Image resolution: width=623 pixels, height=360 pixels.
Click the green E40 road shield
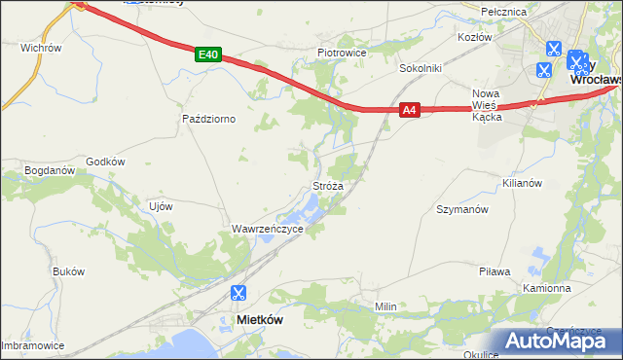[206, 55]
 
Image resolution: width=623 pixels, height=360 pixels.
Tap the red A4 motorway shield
[411, 112]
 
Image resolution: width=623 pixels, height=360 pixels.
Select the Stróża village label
[327, 185]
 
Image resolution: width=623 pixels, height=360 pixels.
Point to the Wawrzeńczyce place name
[268, 229]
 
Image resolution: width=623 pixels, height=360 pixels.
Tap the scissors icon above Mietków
[238, 293]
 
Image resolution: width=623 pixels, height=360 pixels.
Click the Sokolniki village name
[421, 69]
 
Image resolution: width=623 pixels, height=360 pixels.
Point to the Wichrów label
[41, 47]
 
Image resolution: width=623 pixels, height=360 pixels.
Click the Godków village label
[106, 162]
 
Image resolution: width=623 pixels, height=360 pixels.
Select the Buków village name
[69, 271]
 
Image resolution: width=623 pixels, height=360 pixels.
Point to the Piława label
[495, 271]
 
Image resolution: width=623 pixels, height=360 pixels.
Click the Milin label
[386, 306]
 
